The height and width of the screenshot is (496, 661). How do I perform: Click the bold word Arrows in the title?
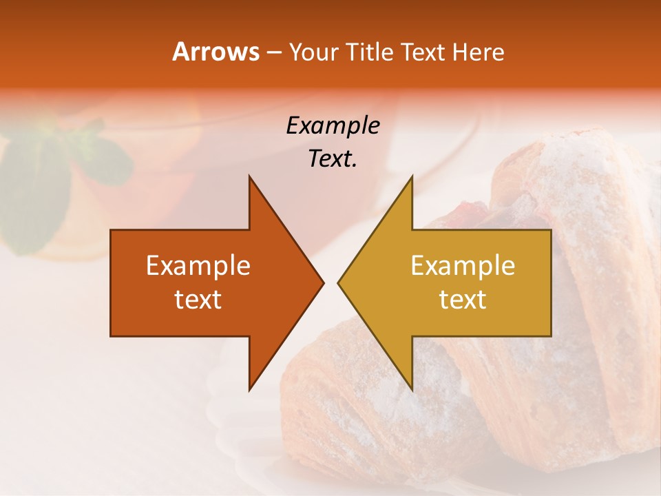[216, 52]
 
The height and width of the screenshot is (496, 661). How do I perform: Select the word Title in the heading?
[369, 52]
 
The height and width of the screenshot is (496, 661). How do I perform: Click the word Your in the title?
[313, 53]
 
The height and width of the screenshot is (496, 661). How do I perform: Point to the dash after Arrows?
[273, 53]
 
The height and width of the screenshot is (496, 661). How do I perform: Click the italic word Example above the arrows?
[333, 126]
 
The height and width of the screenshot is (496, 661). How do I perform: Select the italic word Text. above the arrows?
[333, 159]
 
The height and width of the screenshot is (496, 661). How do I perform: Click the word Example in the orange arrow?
[198, 266]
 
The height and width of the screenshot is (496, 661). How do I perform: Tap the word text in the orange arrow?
[198, 300]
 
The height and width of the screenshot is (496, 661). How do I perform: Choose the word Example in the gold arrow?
[463, 266]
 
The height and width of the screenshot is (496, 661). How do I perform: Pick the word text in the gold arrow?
[463, 300]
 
